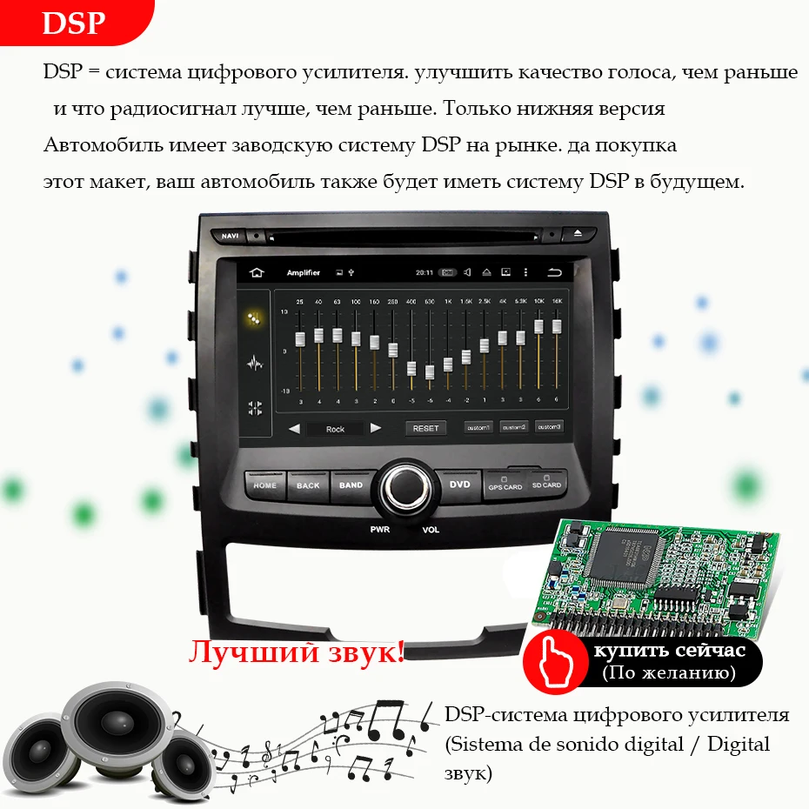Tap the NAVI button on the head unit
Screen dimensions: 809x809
pyautogui.click(x=231, y=236)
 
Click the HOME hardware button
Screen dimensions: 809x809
pyautogui.click(x=264, y=485)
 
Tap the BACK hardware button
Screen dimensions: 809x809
pyautogui.click(x=308, y=485)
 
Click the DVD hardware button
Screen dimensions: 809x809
pyautogui.click(x=459, y=485)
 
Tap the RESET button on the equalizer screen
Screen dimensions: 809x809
pyautogui.click(x=425, y=428)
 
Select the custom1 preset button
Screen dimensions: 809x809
pyautogui.click(x=478, y=427)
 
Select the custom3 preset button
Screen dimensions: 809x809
pyautogui.click(x=549, y=427)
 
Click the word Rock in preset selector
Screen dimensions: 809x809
pyautogui.click(x=335, y=429)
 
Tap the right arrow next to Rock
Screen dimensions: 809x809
pyautogui.click(x=375, y=428)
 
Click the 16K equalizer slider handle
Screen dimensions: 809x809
pyautogui.click(x=557, y=327)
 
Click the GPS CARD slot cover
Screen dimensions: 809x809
pyautogui.click(x=505, y=484)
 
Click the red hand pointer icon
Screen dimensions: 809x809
pyautogui.click(x=552, y=662)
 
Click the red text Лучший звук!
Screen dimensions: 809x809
pyautogui.click(x=296, y=652)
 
